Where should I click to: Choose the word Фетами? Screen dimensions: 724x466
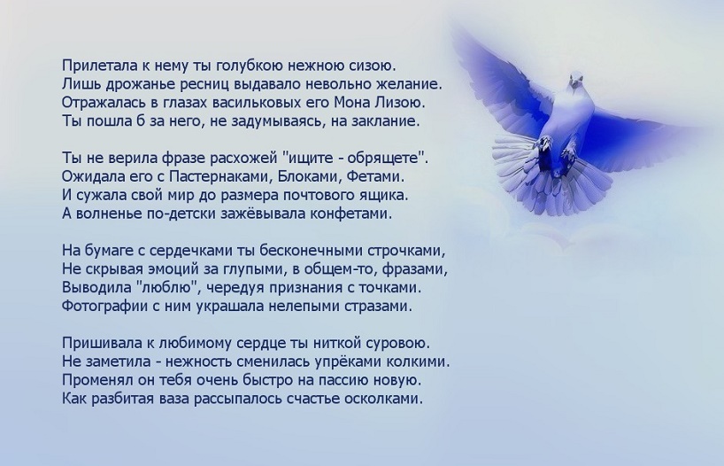[375, 176]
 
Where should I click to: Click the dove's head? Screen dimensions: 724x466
[576, 80]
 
